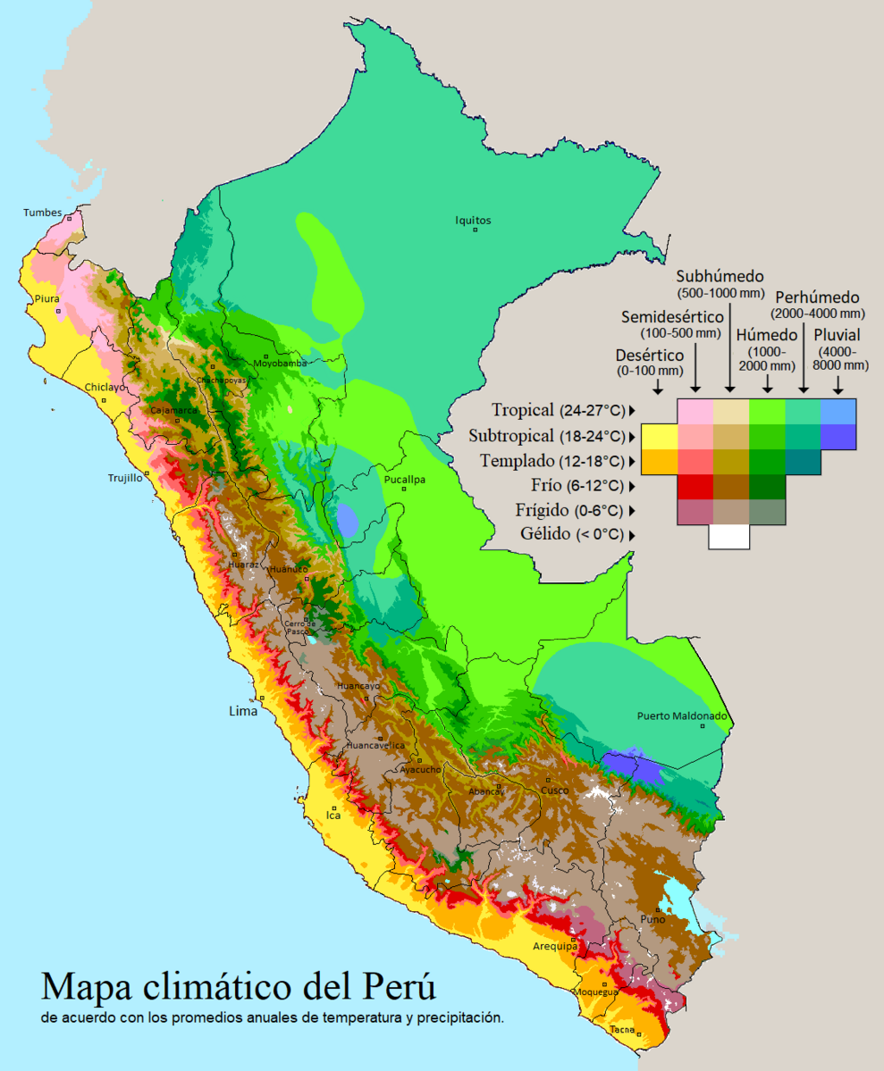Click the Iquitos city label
[x=473, y=221]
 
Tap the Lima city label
[x=243, y=711]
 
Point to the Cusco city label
[x=554, y=791]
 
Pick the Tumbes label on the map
[x=42, y=213]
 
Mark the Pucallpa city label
[x=404, y=480]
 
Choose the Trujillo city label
[x=125, y=478]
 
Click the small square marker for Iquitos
[x=476, y=230]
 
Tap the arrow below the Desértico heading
[x=658, y=387]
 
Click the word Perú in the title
[x=399, y=986]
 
